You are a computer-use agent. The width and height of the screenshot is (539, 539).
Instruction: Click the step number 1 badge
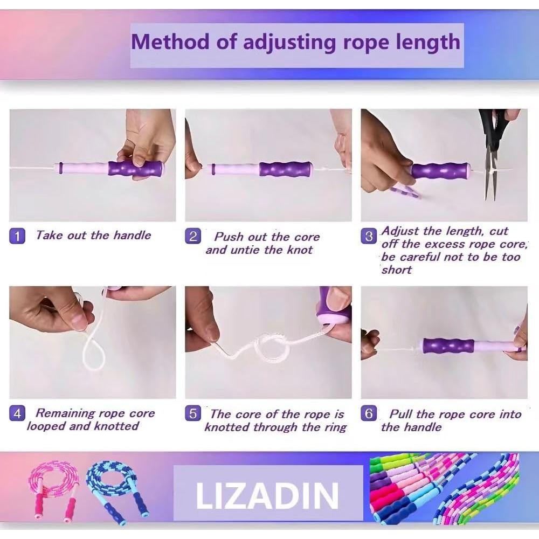tap(17, 236)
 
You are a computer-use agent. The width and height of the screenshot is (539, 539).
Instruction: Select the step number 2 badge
tap(193, 236)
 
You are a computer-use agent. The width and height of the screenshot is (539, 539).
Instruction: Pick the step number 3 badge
tap(369, 236)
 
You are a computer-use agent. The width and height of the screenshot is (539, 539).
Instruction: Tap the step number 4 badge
tap(17, 414)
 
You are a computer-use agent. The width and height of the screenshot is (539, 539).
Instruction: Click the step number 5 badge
tap(193, 414)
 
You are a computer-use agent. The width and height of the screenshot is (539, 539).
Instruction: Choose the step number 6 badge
tap(369, 414)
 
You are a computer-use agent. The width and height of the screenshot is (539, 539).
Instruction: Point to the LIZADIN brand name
tap(268, 496)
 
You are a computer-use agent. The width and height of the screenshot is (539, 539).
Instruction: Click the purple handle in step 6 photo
tap(448, 345)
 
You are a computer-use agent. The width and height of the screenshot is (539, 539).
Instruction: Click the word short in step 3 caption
tap(396, 270)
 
